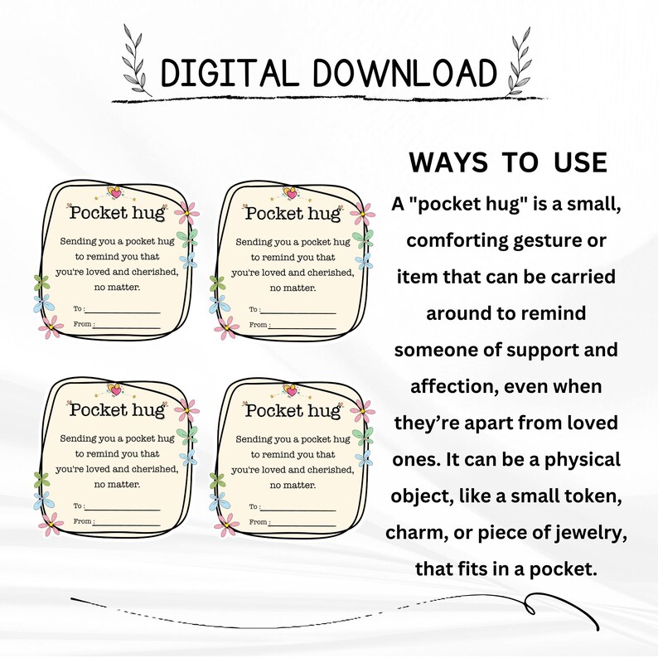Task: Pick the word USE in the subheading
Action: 573,163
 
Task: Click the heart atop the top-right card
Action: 290,192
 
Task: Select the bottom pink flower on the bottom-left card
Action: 50,525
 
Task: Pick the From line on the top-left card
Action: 125,326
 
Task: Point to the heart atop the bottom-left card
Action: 115,389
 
